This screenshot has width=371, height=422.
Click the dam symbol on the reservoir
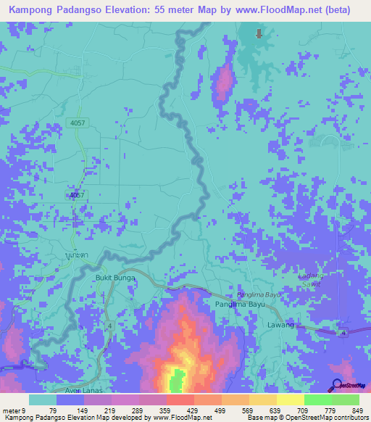pos(259,33)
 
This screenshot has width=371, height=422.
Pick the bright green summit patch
pos(176,379)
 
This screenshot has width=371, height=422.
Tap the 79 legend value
pos(53,410)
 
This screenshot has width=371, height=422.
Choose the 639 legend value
pos(276,410)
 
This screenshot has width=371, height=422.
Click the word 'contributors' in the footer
pos(348,418)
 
